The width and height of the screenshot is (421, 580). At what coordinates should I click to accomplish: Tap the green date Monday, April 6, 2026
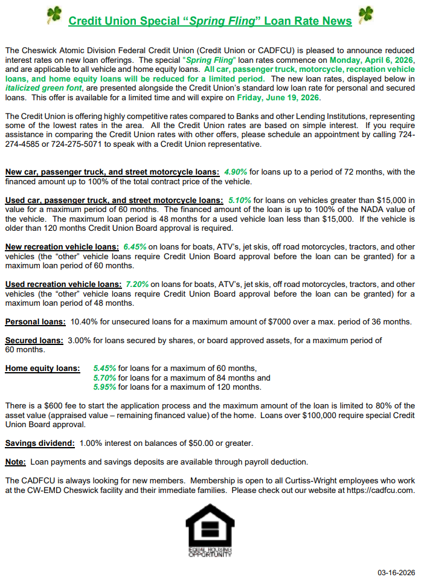click(370, 60)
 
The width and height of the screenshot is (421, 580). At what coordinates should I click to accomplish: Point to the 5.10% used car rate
click(240, 200)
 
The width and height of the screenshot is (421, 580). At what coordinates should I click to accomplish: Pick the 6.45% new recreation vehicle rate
click(135, 246)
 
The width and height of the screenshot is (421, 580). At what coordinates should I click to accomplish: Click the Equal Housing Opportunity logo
click(210, 532)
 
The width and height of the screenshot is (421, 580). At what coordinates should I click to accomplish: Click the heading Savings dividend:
click(40, 443)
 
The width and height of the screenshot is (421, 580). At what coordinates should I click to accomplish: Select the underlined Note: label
click(15, 462)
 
